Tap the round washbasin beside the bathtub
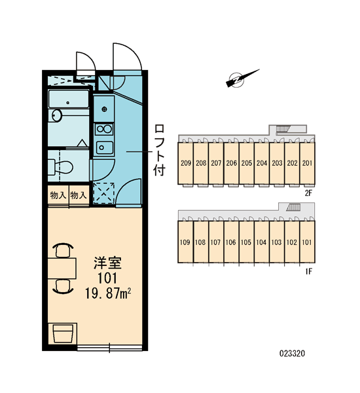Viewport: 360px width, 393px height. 57,115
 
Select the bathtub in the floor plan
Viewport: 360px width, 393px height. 69,99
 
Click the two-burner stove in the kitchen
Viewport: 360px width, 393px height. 104,129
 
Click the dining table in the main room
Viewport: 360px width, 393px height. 62,268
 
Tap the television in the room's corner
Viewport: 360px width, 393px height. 63,333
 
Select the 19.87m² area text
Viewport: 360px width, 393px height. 108,293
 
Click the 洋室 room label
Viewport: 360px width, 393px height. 107,263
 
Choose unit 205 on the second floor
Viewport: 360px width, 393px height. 247,163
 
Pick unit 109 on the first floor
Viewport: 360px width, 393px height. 185,242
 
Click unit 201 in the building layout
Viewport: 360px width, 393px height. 308,163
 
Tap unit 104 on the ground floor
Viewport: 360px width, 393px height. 261,242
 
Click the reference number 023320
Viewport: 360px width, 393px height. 292,354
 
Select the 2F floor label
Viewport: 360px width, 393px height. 308,193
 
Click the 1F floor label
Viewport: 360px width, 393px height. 309,271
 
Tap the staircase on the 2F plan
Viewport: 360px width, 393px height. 283,129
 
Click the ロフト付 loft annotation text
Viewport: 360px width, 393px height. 159,150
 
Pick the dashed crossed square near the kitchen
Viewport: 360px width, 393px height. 104,193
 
